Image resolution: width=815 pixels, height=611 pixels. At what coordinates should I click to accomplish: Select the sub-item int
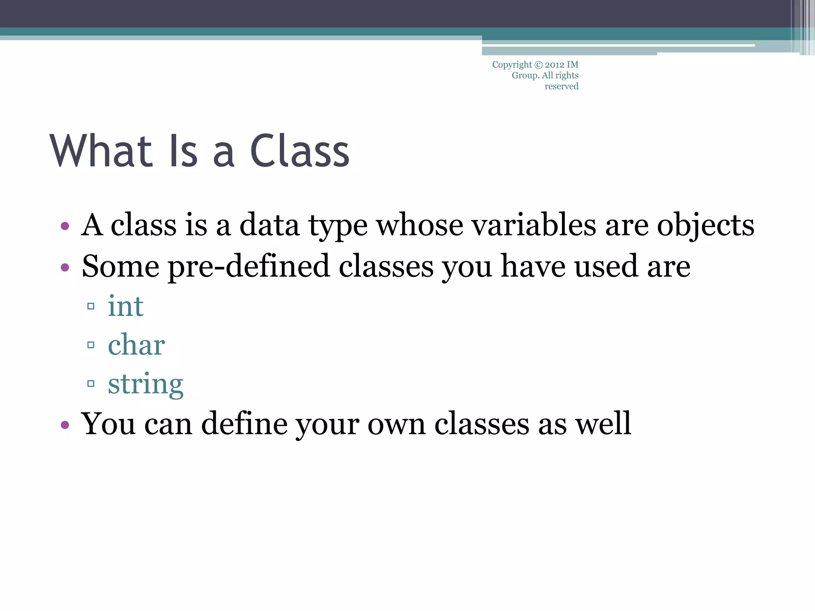tap(125, 306)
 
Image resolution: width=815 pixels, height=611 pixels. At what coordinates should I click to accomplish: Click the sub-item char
tap(136, 344)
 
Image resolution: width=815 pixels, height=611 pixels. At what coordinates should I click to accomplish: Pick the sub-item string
tap(146, 383)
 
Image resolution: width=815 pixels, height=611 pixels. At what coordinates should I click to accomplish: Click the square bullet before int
tap(91, 306)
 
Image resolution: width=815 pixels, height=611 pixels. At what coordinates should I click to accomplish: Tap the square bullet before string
tap(91, 384)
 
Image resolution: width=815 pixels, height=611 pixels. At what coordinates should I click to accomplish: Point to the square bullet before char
tap(91, 345)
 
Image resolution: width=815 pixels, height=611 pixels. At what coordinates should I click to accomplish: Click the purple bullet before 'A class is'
tap(65, 227)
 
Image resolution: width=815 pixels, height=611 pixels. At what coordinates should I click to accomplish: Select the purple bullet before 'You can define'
tap(65, 425)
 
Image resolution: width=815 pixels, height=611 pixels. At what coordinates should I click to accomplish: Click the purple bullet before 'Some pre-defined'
tap(65, 267)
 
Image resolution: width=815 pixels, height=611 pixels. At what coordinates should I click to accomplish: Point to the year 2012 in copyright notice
tap(554, 65)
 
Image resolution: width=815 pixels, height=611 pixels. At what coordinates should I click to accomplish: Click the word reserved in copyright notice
tap(561, 86)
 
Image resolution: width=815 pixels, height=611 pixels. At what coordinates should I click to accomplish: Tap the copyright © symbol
tap(538, 65)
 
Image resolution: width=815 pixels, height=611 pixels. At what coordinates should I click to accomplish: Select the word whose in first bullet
tap(419, 225)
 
